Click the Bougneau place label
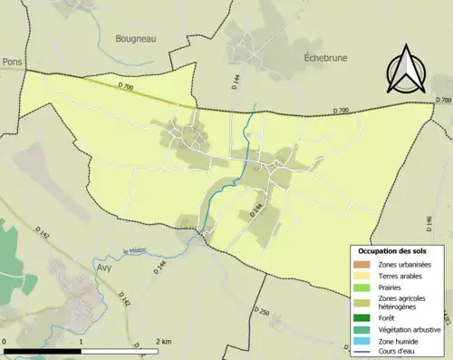click(136, 39)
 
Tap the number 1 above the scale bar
click(82, 341)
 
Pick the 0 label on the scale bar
click(5, 341)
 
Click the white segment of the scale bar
click(121, 349)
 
